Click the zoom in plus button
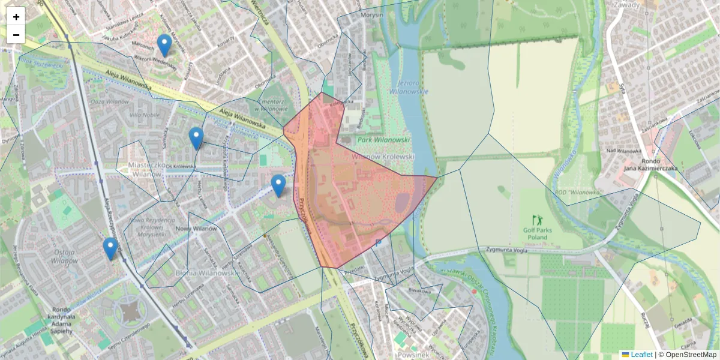pyautogui.click(x=16, y=17)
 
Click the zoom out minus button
pyautogui.click(x=16, y=35)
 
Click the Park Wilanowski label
pyautogui.click(x=383, y=140)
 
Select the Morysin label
pyautogui.click(x=370, y=15)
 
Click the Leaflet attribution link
pyautogui.click(x=641, y=355)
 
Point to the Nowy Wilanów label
pyautogui.click(x=196, y=229)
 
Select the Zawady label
pyautogui.click(x=626, y=4)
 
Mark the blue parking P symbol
pyautogui.click(x=378, y=243)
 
